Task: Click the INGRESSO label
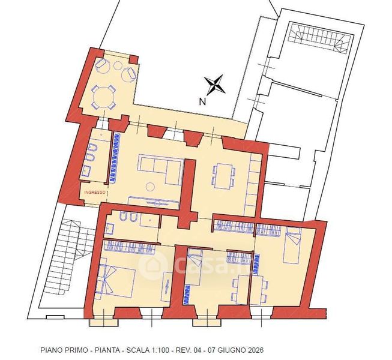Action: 95,193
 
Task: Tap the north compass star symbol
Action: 214,85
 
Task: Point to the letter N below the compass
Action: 202,101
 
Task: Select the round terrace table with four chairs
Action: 104,97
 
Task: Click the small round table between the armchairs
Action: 118,65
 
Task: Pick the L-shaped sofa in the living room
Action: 160,169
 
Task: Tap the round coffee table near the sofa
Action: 150,187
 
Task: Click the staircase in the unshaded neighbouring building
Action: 321,37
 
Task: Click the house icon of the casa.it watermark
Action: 153,265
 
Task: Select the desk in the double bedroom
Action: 166,287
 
